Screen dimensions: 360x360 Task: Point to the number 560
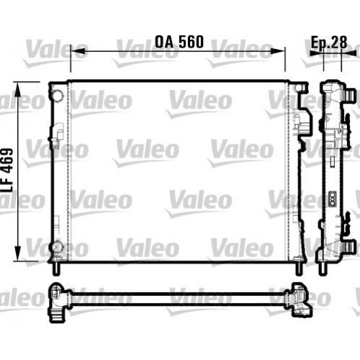click(x=191, y=42)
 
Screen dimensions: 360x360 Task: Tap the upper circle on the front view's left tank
click(x=57, y=95)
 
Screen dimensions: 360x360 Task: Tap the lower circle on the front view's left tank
click(x=57, y=248)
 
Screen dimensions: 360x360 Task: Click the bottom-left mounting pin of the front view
click(x=55, y=268)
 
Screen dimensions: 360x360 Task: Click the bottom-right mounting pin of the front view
click(x=297, y=268)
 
